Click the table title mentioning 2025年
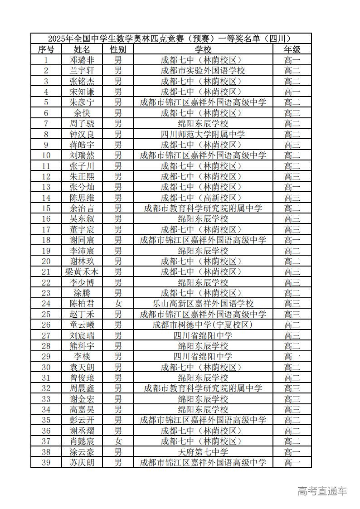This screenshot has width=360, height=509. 170,39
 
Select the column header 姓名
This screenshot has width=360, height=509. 82,49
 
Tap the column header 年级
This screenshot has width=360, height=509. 292,49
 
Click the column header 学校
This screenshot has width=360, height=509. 203,49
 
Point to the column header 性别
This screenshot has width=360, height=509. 118,49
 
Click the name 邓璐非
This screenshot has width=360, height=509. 82,60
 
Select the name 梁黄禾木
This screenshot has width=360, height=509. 82,272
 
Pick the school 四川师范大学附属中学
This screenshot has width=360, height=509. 203,134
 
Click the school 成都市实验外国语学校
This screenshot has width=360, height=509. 203,71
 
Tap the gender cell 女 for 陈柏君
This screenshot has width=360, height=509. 118,304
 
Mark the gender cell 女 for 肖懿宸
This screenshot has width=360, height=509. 118,441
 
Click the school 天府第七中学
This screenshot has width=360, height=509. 203,452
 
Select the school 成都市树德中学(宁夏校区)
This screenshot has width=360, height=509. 203,325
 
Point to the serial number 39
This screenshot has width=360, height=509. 46,462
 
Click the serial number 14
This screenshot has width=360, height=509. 46,198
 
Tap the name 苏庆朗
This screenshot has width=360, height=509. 82,462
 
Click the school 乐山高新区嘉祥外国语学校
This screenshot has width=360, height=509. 203,304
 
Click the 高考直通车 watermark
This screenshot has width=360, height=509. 322,491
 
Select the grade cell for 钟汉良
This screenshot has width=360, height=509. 292,134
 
